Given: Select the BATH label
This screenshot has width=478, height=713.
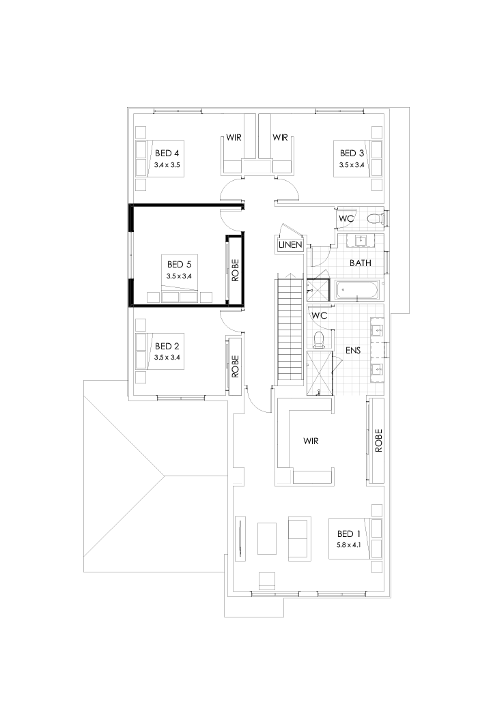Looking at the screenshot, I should click(361, 263).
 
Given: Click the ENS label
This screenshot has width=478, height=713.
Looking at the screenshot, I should click(353, 350).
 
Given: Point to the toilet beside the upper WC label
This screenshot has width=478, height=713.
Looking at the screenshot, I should click(373, 218).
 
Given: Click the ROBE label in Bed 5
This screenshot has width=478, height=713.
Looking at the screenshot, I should click(235, 270).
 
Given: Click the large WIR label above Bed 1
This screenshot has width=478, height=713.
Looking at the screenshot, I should click(311, 441).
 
